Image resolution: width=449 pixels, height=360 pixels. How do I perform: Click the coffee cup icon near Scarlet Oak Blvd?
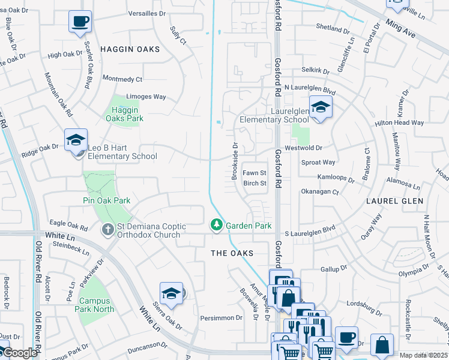80,22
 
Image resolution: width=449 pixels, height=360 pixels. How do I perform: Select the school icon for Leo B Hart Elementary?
76,140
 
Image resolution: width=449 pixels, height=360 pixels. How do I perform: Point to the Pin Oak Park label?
107,200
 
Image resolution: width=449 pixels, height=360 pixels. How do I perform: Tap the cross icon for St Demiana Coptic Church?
107,229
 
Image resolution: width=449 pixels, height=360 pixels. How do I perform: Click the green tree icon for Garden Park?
216,226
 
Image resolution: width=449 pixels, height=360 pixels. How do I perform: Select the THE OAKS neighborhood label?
232,253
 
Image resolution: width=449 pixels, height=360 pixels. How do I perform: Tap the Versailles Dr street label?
146,13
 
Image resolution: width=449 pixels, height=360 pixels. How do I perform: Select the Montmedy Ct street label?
122,79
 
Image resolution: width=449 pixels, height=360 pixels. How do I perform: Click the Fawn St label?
254,173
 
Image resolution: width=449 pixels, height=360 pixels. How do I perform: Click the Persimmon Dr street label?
221,317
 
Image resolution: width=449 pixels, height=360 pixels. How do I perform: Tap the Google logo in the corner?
20,353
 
